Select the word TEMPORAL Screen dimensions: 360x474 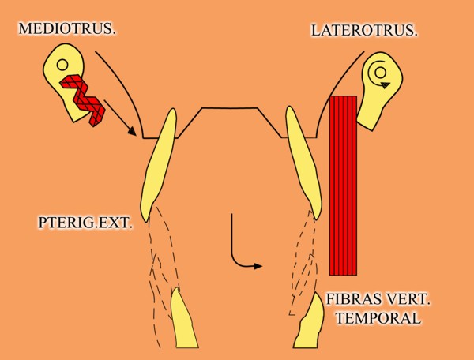[x=376, y=319]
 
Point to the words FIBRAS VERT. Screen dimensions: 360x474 [x=376, y=301]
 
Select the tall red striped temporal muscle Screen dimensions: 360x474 [x=344, y=185]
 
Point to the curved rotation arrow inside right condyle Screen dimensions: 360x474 [x=379, y=73]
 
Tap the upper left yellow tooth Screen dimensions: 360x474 [x=156, y=166]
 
